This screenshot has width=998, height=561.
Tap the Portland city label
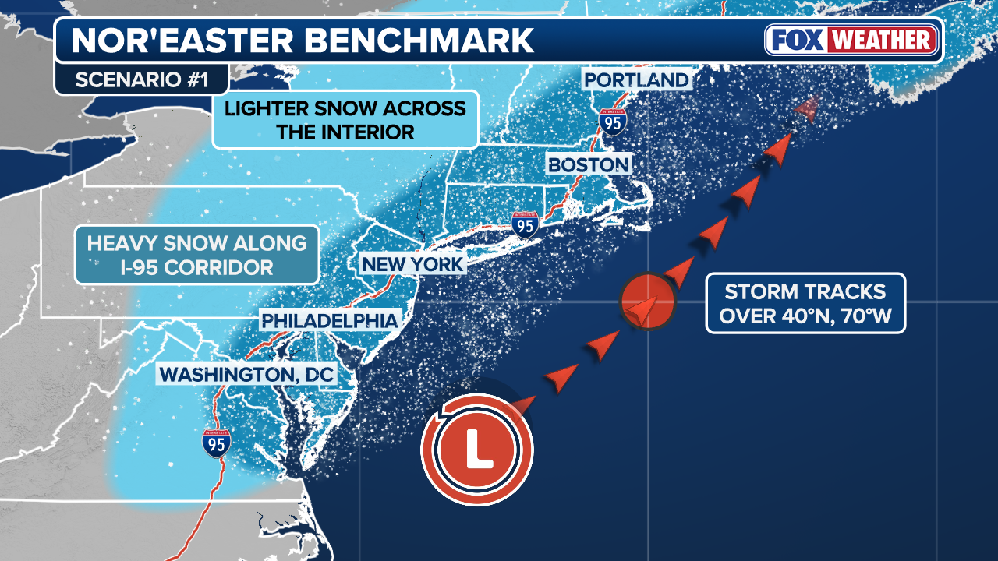click(x=636, y=79)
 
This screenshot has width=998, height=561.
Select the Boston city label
click(x=588, y=164)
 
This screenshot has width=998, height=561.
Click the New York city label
click(x=412, y=264)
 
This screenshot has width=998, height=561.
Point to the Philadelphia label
click(x=329, y=320)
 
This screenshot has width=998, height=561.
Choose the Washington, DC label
click(x=246, y=374)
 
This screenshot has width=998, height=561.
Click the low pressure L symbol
click(x=476, y=450)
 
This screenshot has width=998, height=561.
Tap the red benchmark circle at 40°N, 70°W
click(x=646, y=302)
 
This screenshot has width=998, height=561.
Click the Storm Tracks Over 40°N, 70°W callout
click(x=805, y=303)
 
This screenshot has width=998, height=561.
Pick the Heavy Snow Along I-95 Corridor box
click(x=196, y=255)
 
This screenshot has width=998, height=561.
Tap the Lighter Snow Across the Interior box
click(x=345, y=119)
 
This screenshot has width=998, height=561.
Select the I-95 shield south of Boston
click(x=526, y=224)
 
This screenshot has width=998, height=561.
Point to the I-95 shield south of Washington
click(x=216, y=443)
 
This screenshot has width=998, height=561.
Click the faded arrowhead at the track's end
click(x=808, y=110)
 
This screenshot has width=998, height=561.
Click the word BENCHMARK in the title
click(x=418, y=41)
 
